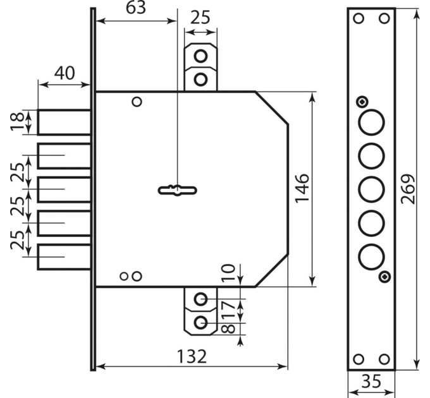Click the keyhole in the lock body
[178, 190]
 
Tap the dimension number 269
[408, 190]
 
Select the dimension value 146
[302, 188]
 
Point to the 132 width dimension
[192, 356]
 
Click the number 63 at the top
[136, 8]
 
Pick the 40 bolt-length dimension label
[64, 73]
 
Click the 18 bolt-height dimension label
[17, 121]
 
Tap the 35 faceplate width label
[371, 381]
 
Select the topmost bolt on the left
[64, 122]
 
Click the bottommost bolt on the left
[64, 256]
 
